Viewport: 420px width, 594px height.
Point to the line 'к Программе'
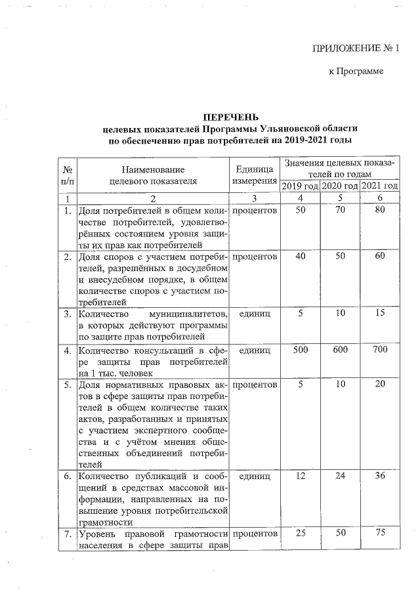tap(355, 71)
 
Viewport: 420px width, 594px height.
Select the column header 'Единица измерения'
tap(253, 175)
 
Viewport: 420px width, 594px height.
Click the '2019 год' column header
tap(300, 186)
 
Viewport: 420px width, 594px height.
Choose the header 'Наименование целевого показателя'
tap(152, 175)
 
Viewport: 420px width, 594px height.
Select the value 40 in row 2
tap(300, 257)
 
